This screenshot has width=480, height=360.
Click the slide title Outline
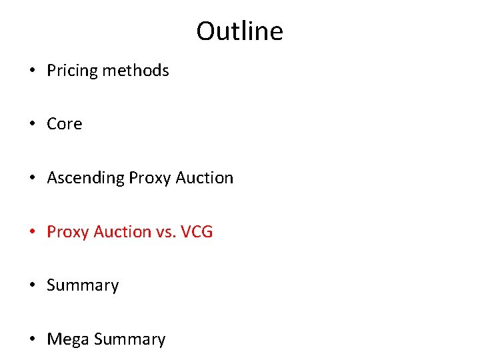[239, 31]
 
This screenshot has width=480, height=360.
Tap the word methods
[137, 71]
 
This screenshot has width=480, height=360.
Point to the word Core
[64, 124]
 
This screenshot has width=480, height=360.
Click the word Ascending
[85, 178]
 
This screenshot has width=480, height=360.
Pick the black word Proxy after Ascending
[149, 178]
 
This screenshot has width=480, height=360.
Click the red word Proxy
[68, 232]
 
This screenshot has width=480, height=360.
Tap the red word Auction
[123, 232]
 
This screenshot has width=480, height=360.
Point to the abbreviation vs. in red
[167, 232]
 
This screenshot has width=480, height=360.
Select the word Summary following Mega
[129, 339]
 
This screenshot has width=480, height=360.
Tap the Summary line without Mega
[83, 285]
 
